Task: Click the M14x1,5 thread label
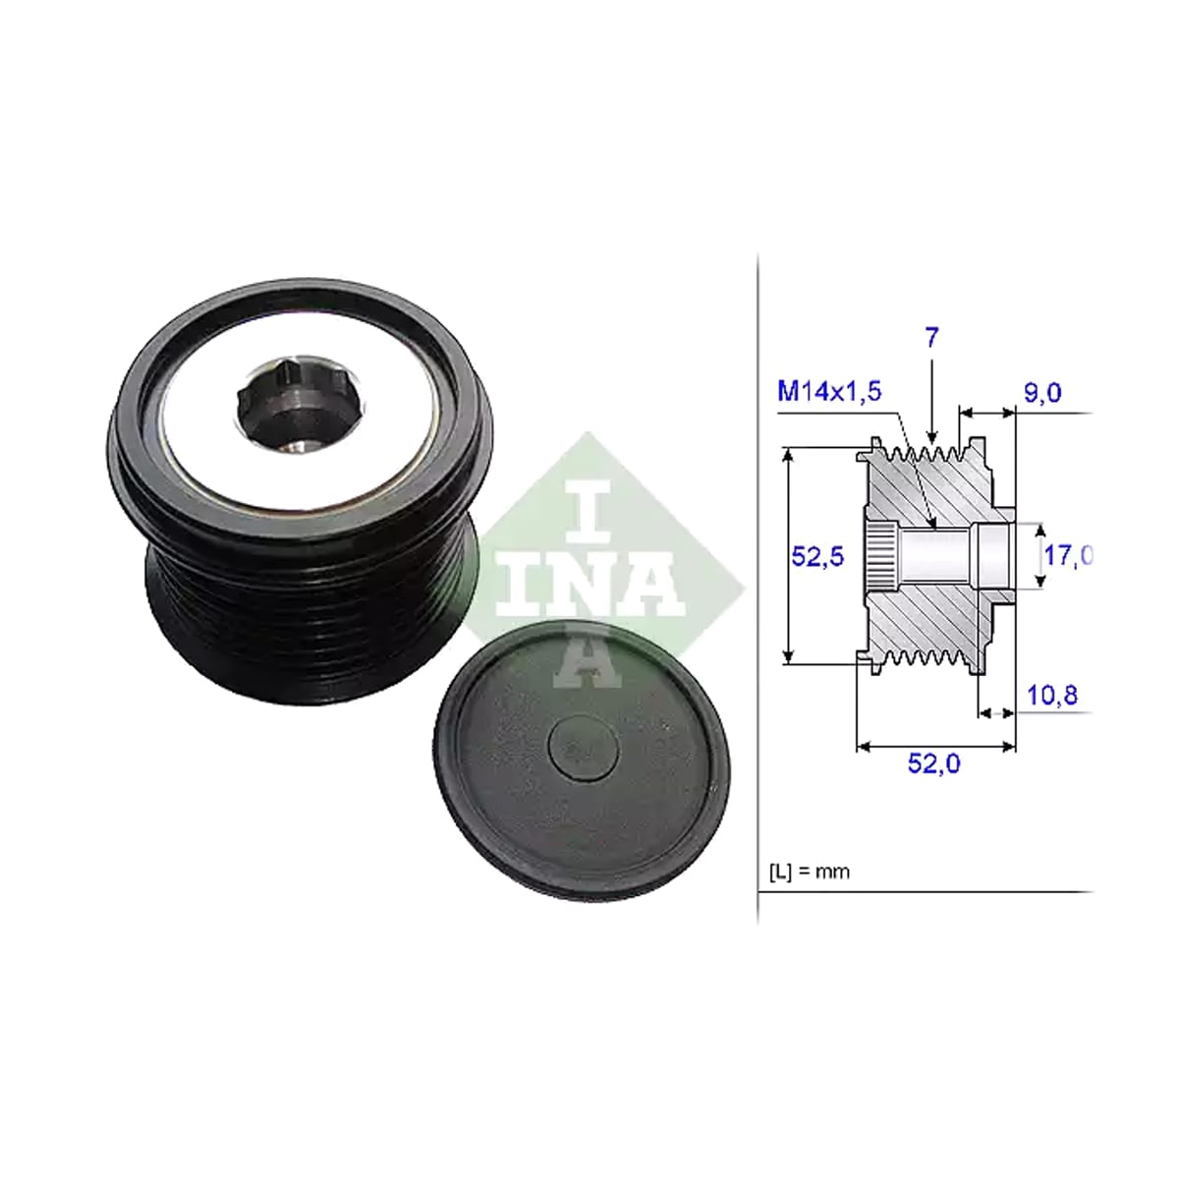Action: tap(829, 391)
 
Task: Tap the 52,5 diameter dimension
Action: tap(817, 556)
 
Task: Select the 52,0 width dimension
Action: tap(933, 763)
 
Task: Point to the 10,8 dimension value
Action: tap(1051, 696)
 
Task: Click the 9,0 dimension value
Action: tap(1042, 393)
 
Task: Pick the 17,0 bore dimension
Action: tap(1068, 555)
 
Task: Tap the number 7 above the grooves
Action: tap(931, 338)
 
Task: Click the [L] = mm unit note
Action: tap(810, 871)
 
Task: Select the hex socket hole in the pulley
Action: tap(301, 406)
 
